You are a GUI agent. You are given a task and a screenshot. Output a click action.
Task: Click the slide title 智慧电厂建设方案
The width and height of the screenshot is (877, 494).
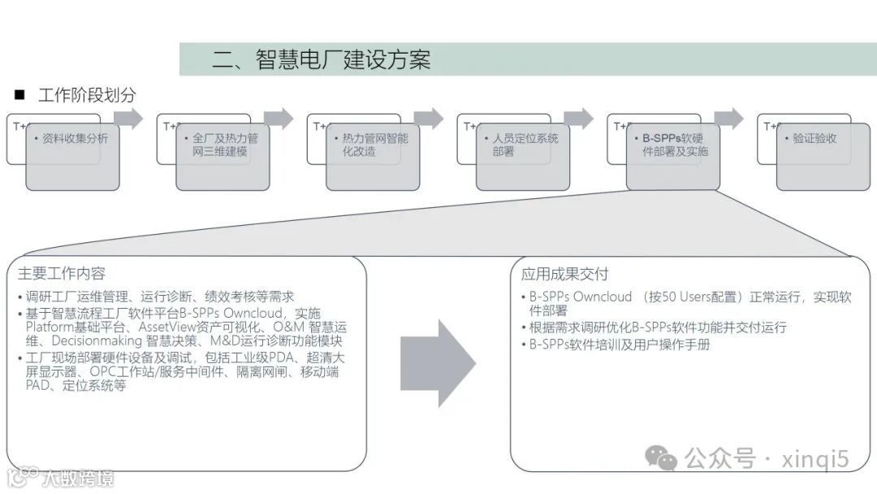[x=321, y=59]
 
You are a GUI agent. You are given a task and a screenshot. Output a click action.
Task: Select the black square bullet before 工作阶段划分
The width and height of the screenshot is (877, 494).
[x=20, y=95]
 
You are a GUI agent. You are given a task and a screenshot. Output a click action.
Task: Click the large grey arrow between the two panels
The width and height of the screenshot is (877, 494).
[x=438, y=363]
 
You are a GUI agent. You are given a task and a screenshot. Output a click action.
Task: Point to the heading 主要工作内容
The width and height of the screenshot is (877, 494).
[x=62, y=273]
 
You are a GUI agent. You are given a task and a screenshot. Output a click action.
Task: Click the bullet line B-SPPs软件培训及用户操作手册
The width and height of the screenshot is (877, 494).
[x=620, y=344]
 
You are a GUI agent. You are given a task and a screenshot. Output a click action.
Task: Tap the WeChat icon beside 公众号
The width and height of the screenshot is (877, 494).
[x=661, y=458]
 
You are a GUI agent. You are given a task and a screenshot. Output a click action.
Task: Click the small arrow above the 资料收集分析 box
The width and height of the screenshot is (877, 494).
[x=128, y=119]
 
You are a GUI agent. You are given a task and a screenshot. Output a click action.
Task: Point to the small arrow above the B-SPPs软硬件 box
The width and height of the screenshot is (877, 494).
[x=728, y=119]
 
